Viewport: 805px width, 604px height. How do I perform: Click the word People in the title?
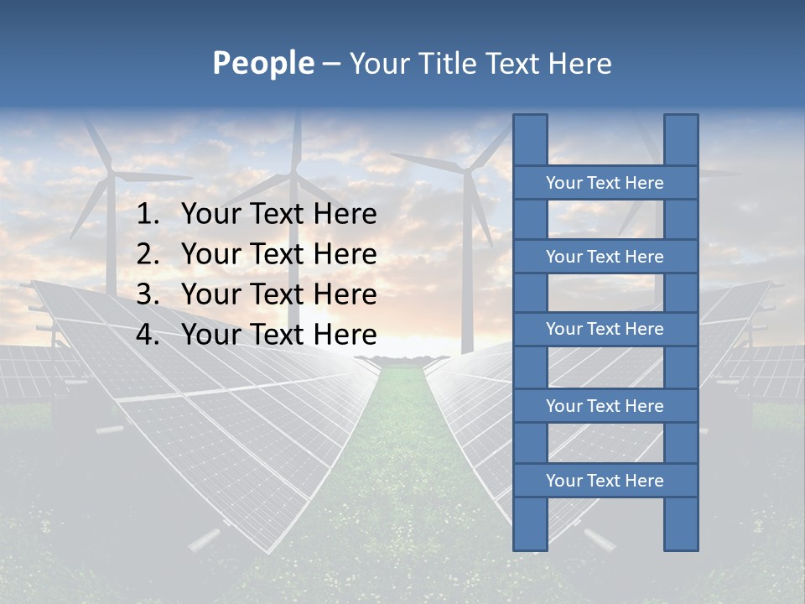262,63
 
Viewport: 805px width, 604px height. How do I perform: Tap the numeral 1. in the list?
148,215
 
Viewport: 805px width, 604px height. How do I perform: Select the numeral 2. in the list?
148,254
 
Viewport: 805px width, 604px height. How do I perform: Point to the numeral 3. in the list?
148,294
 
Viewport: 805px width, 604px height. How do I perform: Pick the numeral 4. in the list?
148,335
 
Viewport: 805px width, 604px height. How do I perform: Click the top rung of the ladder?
605,183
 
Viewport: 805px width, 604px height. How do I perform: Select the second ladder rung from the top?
605,257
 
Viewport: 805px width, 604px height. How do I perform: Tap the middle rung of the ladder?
605,329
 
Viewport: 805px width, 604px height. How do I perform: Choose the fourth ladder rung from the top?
605,406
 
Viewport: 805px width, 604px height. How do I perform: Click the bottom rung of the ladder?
605,481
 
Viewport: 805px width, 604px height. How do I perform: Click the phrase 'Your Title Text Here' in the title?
480,64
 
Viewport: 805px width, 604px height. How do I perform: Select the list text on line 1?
278,215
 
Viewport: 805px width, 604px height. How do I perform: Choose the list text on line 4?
278,335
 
